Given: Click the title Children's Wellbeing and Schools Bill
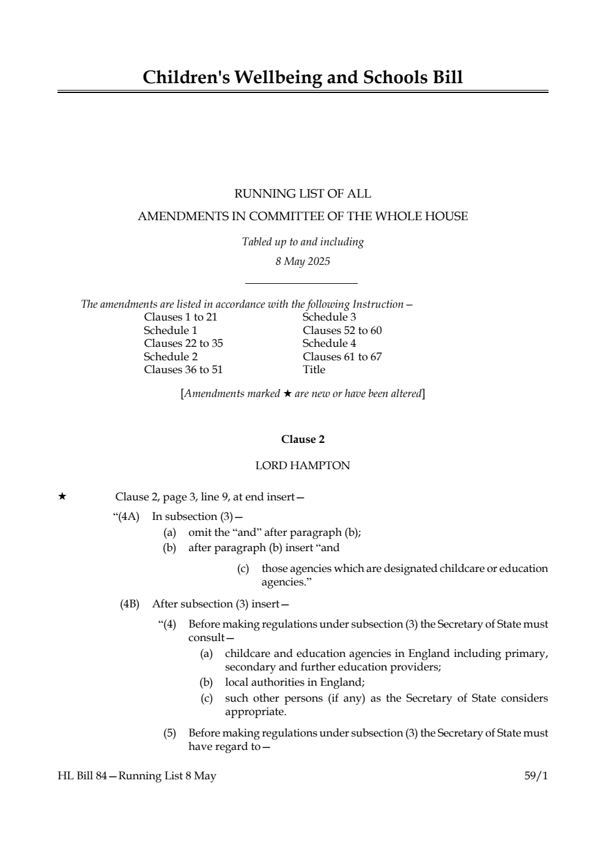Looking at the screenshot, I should point(303,78).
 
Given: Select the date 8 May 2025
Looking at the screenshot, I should point(303,262).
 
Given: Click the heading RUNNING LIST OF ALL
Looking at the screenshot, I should point(303,194).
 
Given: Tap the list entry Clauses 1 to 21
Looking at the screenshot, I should point(180,317).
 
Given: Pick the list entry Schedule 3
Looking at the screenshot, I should point(329,317).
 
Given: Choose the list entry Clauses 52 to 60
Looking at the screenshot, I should point(342,330).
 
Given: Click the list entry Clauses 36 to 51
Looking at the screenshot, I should point(183,369).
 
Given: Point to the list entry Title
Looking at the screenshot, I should point(314,369).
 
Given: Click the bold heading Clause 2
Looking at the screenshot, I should point(303,440).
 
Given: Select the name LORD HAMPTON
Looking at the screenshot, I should point(303,466).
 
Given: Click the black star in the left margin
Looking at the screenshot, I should point(62,497).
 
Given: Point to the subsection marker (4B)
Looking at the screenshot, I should point(130,604).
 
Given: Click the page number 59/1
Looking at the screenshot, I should point(536,776).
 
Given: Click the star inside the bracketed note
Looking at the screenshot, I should point(287,394).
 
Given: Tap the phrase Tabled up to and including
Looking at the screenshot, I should point(303,242).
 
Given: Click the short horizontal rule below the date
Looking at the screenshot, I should point(301,283).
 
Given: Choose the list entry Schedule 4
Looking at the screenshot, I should point(329,343).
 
